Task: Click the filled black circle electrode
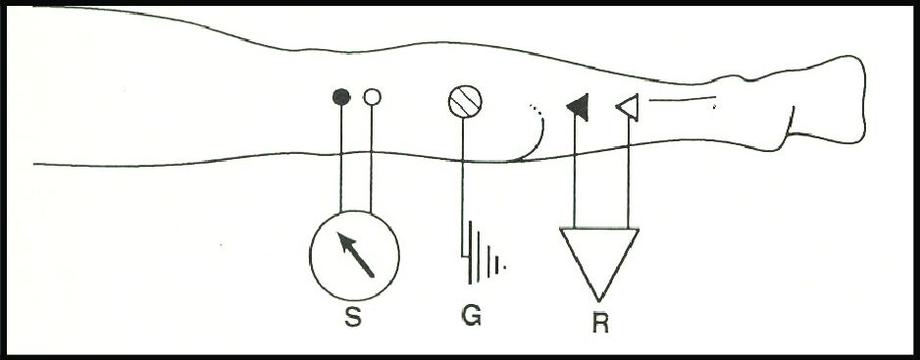coord(341,97)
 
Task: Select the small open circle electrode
coord(372,97)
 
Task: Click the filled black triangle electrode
coord(578,106)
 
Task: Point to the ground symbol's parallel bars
coord(486,253)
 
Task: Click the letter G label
coord(471,319)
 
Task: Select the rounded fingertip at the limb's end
coord(861,98)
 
